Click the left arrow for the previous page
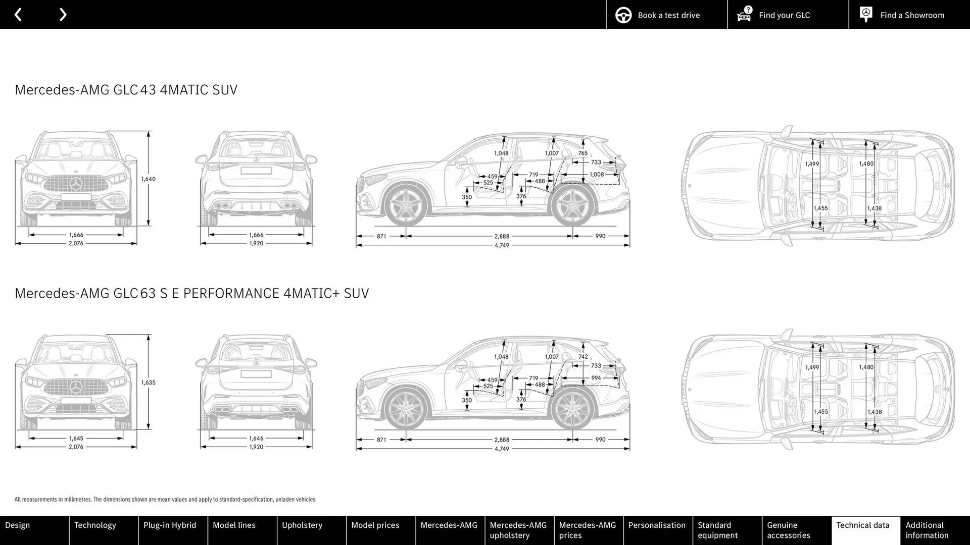coord(18,15)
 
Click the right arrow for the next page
coord(63,15)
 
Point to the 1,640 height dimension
coord(148,179)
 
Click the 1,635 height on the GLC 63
coord(148,383)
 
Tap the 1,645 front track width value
coord(76,439)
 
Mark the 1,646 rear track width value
coord(256,439)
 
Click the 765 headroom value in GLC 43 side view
coord(583,153)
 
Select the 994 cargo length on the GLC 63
coord(596,378)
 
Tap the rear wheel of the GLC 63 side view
coord(572,409)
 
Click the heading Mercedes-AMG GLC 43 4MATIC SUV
coord(126,90)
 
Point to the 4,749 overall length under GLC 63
coord(502,449)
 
